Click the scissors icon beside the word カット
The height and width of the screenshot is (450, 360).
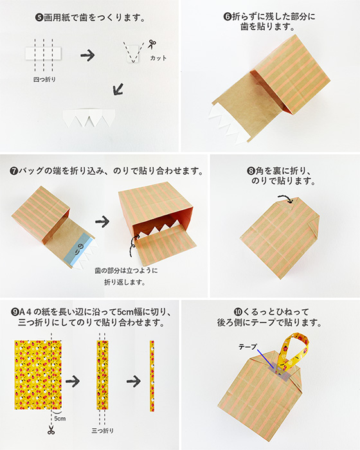pyautogui.click(x=152, y=44)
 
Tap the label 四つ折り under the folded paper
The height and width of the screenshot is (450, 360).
pyautogui.click(x=44, y=80)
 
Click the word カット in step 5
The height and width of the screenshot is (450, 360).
pyautogui.click(x=158, y=58)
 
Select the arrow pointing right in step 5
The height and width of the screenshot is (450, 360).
pyautogui.click(x=87, y=55)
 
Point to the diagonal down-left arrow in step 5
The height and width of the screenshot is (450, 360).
pyautogui.click(x=118, y=89)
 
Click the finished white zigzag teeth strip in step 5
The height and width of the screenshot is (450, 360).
pyautogui.click(x=89, y=118)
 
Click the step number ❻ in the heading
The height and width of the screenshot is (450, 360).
pyautogui.click(x=227, y=17)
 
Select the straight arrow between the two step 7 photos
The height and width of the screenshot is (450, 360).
pyautogui.click(x=102, y=222)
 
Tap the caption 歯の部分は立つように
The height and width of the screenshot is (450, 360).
pyautogui.click(x=126, y=271)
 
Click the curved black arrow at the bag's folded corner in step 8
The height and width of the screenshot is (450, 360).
pyautogui.click(x=285, y=199)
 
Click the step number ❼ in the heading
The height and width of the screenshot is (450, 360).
pyautogui.click(x=14, y=171)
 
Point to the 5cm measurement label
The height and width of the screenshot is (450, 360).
pyautogui.click(x=60, y=419)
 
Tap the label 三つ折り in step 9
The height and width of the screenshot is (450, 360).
pyautogui.click(x=102, y=431)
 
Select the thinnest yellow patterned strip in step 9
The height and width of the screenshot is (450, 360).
pyautogui.click(x=152, y=376)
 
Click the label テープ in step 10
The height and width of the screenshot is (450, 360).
pyautogui.click(x=248, y=346)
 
